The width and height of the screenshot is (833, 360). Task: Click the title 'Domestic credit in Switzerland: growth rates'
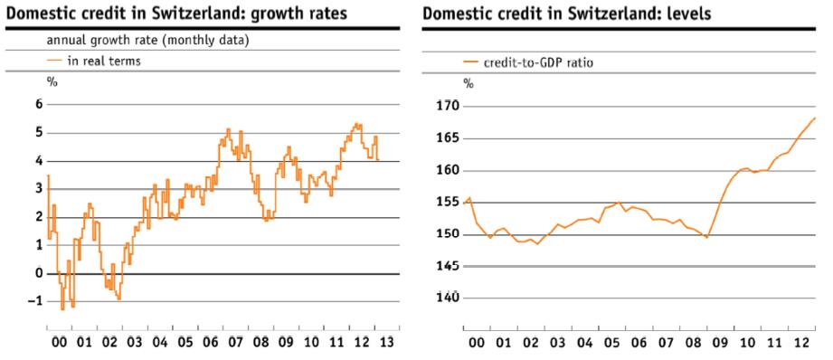(x=177, y=14)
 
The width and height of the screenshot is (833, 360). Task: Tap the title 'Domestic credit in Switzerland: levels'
(x=567, y=14)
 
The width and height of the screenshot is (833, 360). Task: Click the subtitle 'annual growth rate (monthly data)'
(x=147, y=41)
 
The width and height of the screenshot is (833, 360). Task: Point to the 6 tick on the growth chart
(x=39, y=105)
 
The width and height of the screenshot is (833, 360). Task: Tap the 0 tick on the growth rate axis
(x=39, y=273)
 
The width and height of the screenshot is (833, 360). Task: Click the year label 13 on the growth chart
(x=387, y=342)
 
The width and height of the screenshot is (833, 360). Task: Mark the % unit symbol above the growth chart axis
(x=52, y=81)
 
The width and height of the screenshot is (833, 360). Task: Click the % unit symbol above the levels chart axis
(x=468, y=83)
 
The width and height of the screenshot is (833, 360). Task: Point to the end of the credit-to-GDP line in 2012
(x=815, y=118)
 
